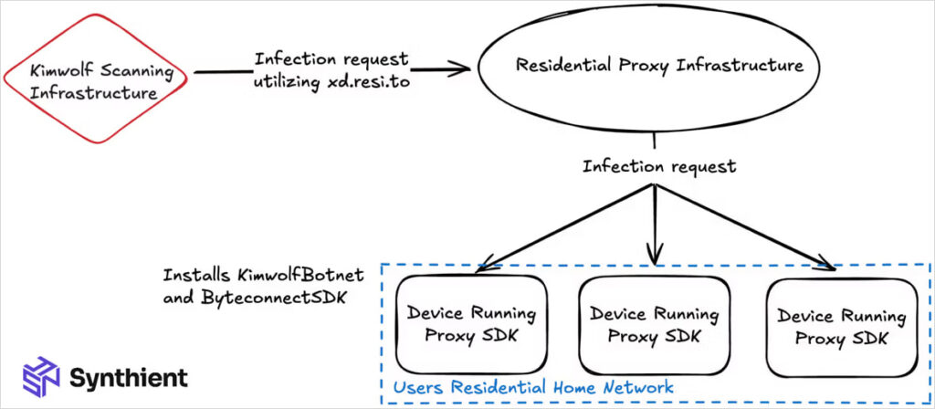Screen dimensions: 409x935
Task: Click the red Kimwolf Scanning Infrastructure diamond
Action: point(97,80)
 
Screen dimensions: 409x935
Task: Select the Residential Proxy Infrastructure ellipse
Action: point(658,67)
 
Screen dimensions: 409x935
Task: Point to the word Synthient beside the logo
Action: point(129,377)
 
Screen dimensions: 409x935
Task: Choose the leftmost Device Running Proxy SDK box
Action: point(472,324)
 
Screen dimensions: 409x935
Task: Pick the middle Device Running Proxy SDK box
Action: point(654,324)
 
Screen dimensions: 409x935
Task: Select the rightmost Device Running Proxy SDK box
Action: point(841,327)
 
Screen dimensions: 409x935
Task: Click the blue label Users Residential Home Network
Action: point(533,387)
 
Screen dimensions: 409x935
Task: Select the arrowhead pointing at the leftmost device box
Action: point(481,267)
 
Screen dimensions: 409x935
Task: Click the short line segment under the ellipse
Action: point(654,142)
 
